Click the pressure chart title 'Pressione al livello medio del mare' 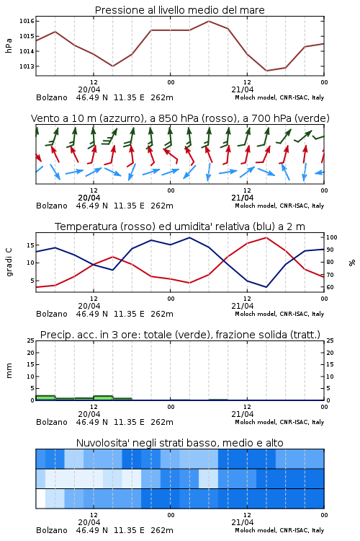(179, 10)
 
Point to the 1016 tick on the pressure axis (27, 21)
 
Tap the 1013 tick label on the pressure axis (27, 66)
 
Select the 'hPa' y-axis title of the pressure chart (9, 45)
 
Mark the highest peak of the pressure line (209, 21)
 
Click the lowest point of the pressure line (266, 71)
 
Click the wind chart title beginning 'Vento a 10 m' (180, 118)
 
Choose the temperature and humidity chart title (180, 226)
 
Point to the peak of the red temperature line (266, 237)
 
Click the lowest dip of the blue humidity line (266, 287)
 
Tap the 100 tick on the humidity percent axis (332, 237)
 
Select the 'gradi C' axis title (9, 262)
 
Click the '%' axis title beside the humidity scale (352, 263)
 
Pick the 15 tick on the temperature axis (30, 245)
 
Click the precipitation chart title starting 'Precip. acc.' (180, 335)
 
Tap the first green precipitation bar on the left (45, 397)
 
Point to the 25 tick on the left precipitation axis (30, 340)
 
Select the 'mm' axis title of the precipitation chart (9, 371)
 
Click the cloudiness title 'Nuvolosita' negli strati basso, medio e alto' (180, 443)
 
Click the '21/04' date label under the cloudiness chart (243, 522)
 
